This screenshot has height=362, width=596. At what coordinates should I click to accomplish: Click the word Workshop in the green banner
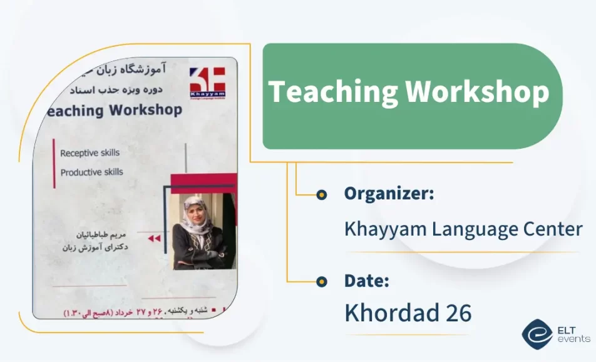(x=477, y=93)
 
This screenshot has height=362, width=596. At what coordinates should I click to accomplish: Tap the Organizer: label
(x=389, y=194)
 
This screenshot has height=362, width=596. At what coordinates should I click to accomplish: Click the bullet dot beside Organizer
(x=321, y=194)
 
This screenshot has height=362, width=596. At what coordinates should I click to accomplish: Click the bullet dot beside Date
(x=321, y=281)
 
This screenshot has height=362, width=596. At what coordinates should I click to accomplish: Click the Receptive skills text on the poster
(x=90, y=153)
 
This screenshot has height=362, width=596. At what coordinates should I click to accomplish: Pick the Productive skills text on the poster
(x=91, y=172)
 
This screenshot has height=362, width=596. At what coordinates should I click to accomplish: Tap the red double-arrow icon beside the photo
(x=153, y=238)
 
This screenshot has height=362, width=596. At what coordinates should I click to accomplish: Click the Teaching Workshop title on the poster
(x=113, y=111)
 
